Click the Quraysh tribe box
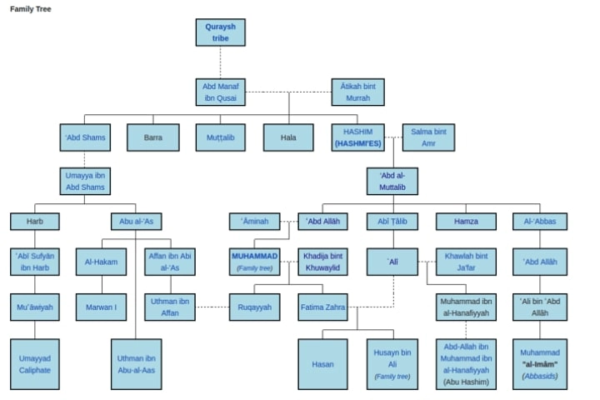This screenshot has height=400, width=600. point(220,32)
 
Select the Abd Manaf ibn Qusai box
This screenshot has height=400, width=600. point(220,92)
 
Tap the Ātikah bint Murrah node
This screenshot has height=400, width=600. point(357,92)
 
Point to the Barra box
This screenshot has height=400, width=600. point(152,137)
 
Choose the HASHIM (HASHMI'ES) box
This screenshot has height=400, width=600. point(357,137)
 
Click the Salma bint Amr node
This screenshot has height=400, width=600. point(428,137)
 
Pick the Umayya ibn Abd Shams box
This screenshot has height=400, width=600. point(84,181)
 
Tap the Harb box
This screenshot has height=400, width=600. point(34,222)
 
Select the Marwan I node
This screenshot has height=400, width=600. point(101,307)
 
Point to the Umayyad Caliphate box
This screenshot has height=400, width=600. point(34,363)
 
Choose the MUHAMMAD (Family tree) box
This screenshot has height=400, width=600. point(255,262)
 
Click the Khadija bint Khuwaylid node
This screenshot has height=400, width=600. point(322,262)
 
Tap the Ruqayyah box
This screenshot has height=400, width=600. point(255,307)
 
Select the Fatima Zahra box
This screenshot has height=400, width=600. point(322,307)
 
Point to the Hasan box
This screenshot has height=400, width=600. point(322,363)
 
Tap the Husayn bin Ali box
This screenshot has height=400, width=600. point(392,363)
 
